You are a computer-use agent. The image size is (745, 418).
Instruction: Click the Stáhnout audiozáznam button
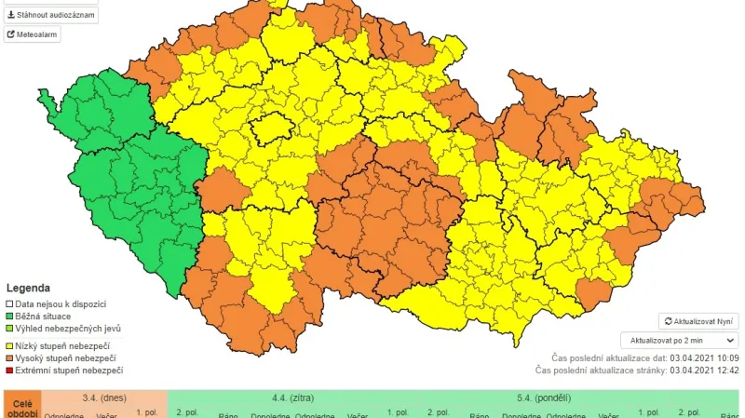pos(50,15)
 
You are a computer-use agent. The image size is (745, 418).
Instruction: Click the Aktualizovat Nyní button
pos(698,321)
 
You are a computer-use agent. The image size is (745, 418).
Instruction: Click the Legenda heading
pos(28,289)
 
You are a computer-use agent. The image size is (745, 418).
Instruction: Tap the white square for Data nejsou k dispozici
pos(10,304)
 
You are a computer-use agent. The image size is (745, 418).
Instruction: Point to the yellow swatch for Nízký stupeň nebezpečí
pos(10,345)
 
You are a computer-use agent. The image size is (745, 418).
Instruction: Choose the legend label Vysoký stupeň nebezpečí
pos(66,357)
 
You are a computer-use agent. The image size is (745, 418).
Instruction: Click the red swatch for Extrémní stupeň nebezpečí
pos(10,371)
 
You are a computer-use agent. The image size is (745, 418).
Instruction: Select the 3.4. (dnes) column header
pos(104,397)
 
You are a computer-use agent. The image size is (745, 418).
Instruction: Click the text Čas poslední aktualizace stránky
pos(601,371)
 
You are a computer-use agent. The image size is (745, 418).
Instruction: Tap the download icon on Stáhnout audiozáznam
pos(11,15)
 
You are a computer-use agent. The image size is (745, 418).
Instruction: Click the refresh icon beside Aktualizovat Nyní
pos(667,321)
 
